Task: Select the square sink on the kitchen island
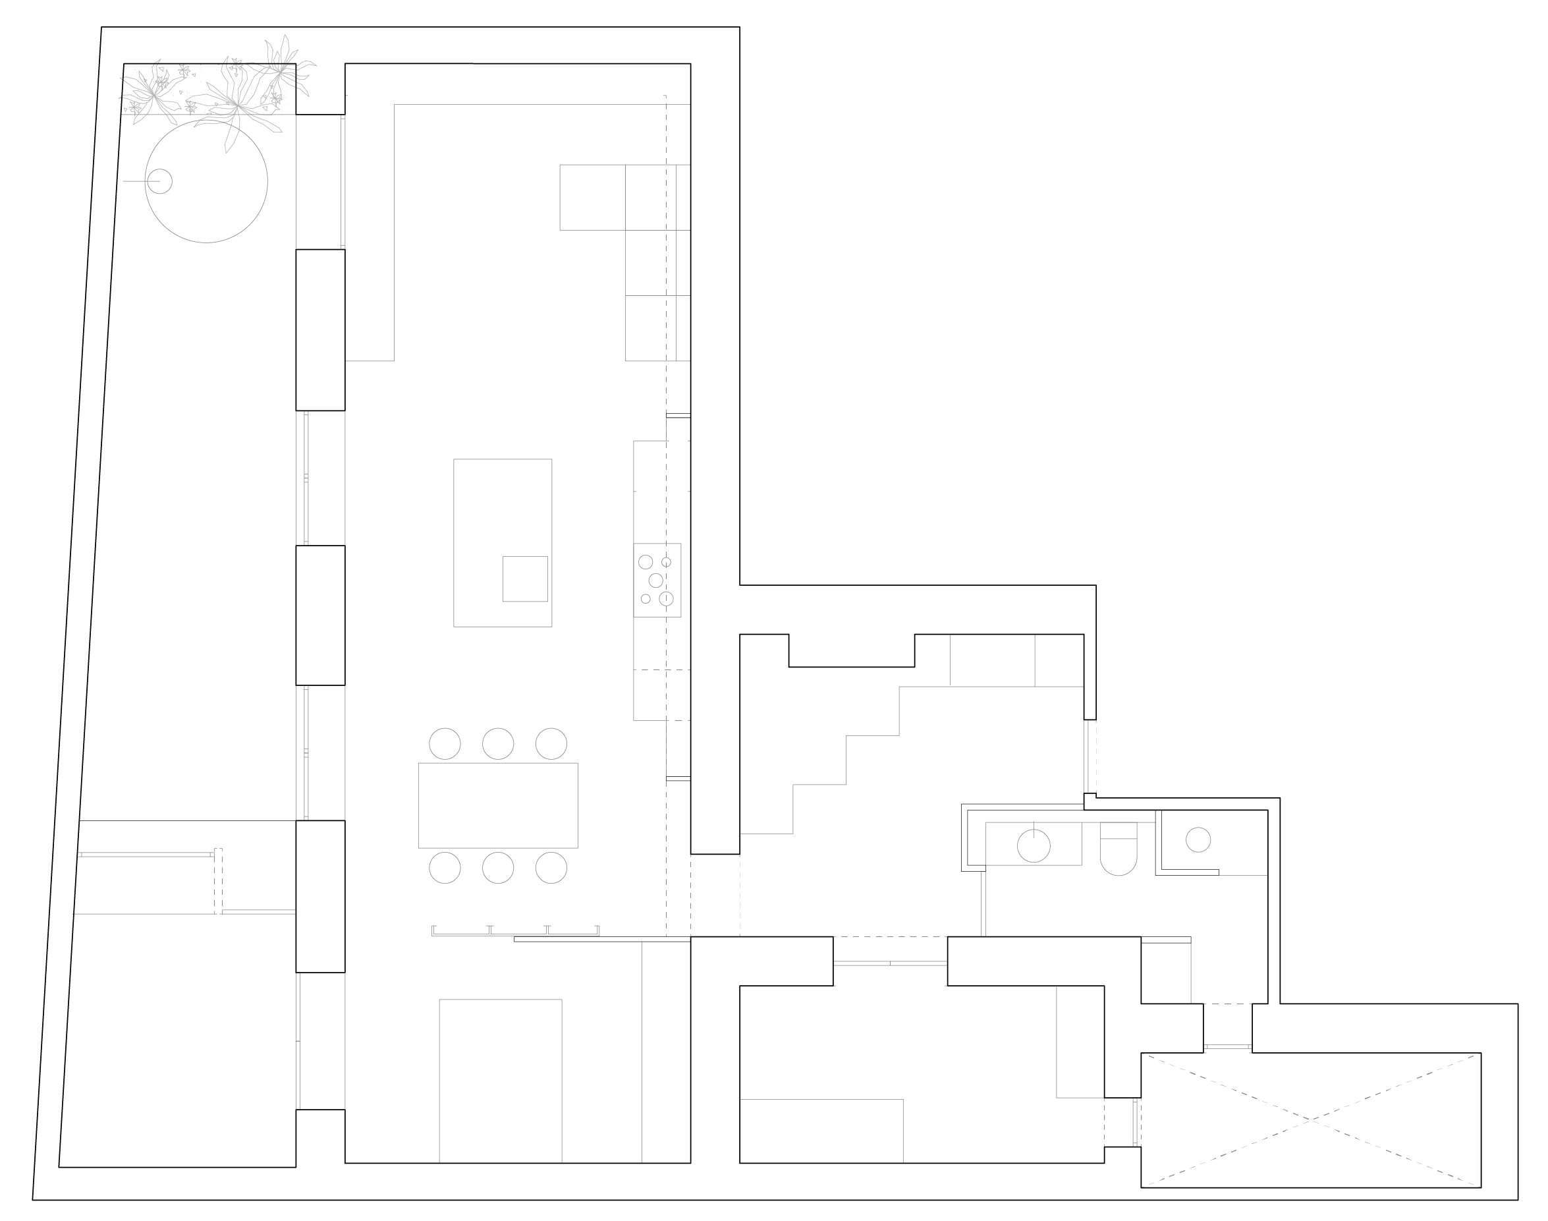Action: [x=524, y=579]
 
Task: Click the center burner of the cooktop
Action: [x=655, y=581]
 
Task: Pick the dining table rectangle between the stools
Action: [x=498, y=805]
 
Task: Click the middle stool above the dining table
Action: [x=497, y=743]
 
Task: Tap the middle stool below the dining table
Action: [x=497, y=868]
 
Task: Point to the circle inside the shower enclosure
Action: [x=1198, y=839]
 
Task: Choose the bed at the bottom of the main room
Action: [x=500, y=1079]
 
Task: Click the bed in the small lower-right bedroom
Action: [x=821, y=1129]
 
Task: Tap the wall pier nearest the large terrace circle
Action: [x=320, y=329]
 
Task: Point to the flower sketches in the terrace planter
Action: [x=214, y=93]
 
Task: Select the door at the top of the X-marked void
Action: [x=1227, y=1047]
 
